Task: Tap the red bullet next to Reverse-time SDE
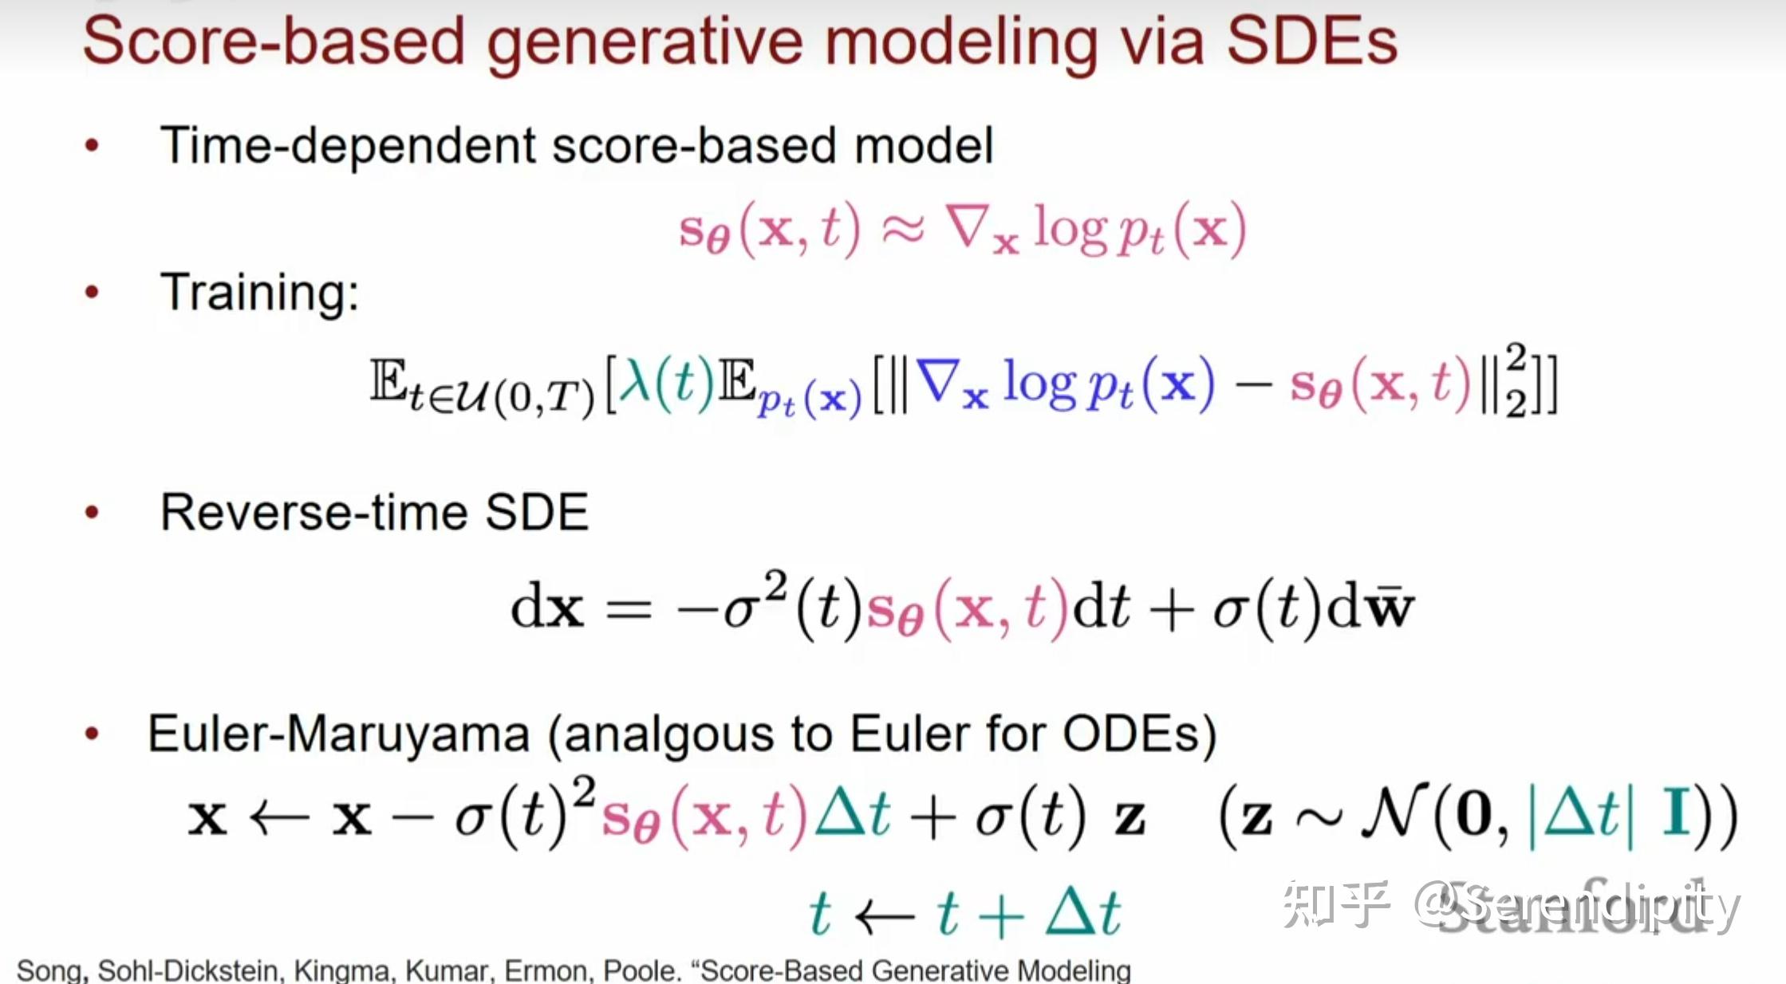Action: coord(92,512)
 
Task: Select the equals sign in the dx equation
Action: coord(629,611)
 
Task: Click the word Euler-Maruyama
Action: coord(338,734)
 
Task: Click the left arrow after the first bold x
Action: coord(279,817)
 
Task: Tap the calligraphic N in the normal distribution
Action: coord(1393,815)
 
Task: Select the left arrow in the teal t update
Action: coord(884,915)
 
